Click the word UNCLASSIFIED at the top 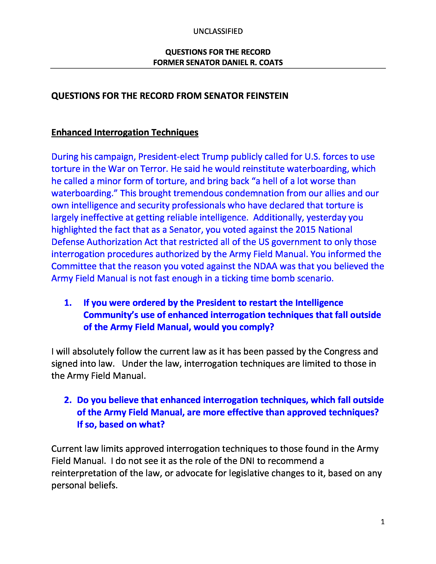tap(218, 31)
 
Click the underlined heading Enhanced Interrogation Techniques tap(125, 132)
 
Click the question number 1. tap(68, 303)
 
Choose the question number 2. tap(68, 400)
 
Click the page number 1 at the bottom tap(382, 522)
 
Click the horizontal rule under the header tap(218, 68)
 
